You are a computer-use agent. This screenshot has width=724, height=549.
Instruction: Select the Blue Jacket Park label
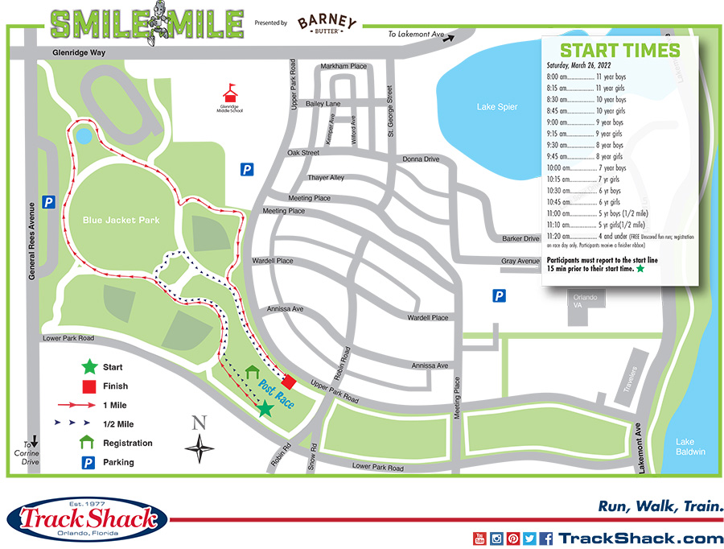pyautogui.click(x=121, y=220)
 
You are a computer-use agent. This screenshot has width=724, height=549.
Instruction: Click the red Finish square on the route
pyautogui.click(x=288, y=381)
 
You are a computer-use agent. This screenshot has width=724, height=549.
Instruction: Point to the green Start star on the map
pyautogui.click(x=265, y=409)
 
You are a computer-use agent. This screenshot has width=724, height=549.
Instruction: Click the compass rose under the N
pyautogui.click(x=200, y=448)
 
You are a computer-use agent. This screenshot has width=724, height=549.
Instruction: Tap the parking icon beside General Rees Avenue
pyautogui.click(x=49, y=202)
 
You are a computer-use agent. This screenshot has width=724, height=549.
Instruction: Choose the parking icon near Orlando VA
pyautogui.click(x=500, y=296)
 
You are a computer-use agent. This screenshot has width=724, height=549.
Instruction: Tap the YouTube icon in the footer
pyautogui.click(x=479, y=539)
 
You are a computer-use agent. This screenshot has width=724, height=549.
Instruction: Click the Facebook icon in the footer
pyautogui.click(x=545, y=539)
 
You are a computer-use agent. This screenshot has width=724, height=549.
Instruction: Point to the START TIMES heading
pyautogui.click(x=619, y=50)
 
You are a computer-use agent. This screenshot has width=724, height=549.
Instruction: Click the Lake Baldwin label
pyautogui.click(x=690, y=447)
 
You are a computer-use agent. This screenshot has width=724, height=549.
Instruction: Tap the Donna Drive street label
pyautogui.click(x=421, y=159)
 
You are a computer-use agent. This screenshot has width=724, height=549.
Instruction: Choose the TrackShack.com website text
pyautogui.click(x=641, y=539)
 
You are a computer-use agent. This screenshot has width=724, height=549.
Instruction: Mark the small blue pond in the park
pyautogui.click(x=84, y=137)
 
